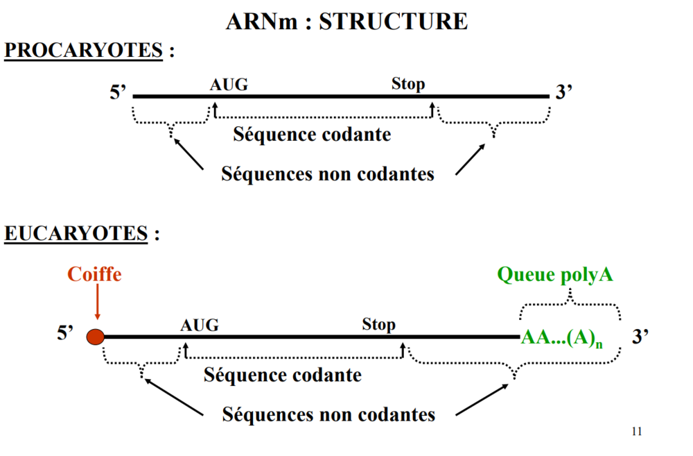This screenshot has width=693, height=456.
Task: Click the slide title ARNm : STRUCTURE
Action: pyautogui.click(x=346, y=21)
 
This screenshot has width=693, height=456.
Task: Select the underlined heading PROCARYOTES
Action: pyautogui.click(x=83, y=51)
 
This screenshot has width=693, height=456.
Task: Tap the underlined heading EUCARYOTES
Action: pyautogui.click(x=76, y=234)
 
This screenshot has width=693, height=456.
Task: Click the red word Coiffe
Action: pyautogui.click(x=94, y=274)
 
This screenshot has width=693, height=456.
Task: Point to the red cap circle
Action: pyautogui.click(x=95, y=337)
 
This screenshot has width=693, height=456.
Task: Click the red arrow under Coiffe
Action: pyautogui.click(x=96, y=305)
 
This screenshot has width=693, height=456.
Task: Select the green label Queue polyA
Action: pyautogui.click(x=555, y=275)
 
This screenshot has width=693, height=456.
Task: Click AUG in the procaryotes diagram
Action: pyautogui.click(x=229, y=85)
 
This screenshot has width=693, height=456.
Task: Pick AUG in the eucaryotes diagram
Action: pyautogui.click(x=200, y=325)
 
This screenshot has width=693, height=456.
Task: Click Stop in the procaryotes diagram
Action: pyautogui.click(x=408, y=84)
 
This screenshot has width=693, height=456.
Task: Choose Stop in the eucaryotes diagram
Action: pyautogui.click(x=379, y=324)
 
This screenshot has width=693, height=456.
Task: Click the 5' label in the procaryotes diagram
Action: pyautogui.click(x=118, y=93)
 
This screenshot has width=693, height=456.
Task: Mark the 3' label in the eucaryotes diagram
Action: pyautogui.click(x=640, y=337)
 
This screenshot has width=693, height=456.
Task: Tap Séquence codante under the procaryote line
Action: pyautogui.click(x=312, y=134)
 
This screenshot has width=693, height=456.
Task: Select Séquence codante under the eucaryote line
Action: pyautogui.click(x=283, y=375)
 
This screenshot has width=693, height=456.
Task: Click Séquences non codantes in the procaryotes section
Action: pyautogui.click(x=328, y=174)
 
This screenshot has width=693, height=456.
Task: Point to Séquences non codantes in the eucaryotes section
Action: pyautogui.click(x=328, y=415)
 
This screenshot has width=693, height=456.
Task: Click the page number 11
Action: pyautogui.click(x=637, y=432)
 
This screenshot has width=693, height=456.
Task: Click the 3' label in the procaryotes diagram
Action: pyautogui.click(x=563, y=93)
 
